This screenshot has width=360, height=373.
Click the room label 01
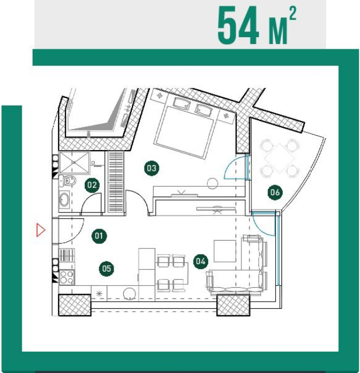coord(99,235)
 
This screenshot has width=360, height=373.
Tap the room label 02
coord(92,185)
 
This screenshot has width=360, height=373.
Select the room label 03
coord(151,168)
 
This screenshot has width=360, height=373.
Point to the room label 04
coord(201,261)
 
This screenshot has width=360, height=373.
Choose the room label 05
coord(107,269)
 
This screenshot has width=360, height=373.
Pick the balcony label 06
coord(275,192)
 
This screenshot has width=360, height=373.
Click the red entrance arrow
coord(41,230)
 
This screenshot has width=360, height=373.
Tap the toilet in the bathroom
coord(68,181)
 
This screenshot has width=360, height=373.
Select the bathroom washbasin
coord(64,199)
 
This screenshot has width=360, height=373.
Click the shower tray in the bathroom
coord(75,163)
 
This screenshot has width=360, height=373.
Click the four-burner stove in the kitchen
coord(66,277)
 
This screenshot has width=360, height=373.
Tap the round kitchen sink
coord(130,294)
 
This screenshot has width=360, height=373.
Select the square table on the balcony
coord(279,158)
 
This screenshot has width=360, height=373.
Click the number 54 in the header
coord(238,25)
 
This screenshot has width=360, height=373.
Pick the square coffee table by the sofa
coord(225,251)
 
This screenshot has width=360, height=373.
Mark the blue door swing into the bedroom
coord(234,167)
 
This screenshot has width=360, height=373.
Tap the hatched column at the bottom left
coord(75,305)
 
